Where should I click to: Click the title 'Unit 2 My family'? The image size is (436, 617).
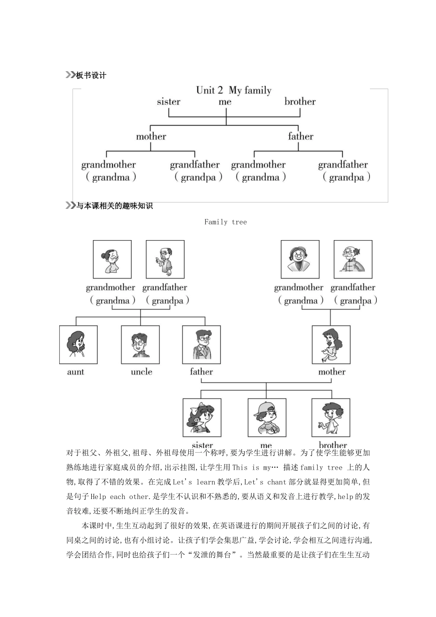234,90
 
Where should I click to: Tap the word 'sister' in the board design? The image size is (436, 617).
168,102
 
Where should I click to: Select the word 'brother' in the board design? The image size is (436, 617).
300,102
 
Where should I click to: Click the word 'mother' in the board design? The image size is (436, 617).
151,136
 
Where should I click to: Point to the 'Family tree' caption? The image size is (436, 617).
225,222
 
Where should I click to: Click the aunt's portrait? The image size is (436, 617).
78,345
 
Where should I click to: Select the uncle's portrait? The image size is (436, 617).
140,345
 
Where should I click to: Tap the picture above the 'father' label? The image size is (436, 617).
201,345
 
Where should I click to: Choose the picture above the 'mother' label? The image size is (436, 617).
331,345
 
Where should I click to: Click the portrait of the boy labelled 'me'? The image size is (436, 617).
267,417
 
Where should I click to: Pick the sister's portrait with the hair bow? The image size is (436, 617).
202,417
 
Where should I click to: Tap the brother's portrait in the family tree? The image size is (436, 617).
331,417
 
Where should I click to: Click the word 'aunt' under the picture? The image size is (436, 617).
76,372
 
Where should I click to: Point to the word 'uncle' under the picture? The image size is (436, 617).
141,372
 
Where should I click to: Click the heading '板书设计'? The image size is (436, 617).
91,75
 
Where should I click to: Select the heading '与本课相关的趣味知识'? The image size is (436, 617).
114,206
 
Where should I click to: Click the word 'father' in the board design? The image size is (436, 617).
301,136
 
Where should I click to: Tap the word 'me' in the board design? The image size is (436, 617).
225,102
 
